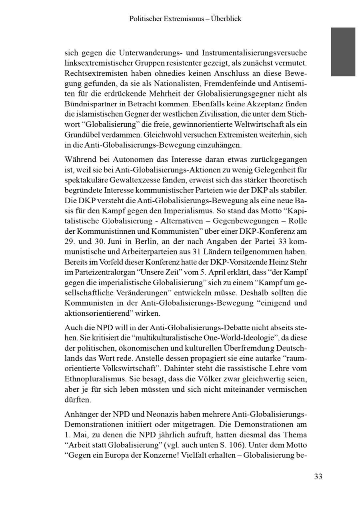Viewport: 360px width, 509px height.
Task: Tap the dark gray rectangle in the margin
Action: (343, 52)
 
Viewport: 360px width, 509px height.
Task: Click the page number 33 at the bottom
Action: (318, 476)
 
